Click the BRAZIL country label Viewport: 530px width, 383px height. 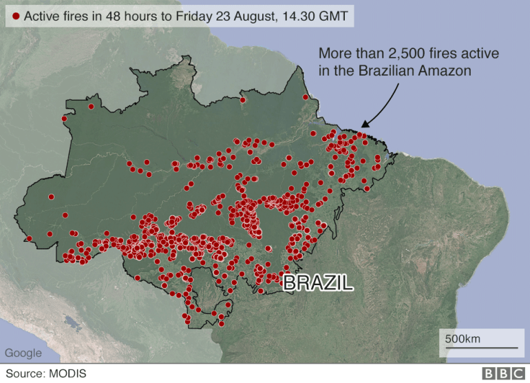(x=318, y=282)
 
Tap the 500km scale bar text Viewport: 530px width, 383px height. (x=463, y=338)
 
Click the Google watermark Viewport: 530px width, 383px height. (x=23, y=353)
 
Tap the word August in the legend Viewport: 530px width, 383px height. (x=256, y=16)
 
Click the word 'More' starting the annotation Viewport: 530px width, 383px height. (x=333, y=54)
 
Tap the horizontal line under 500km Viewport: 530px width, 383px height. (x=480, y=348)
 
